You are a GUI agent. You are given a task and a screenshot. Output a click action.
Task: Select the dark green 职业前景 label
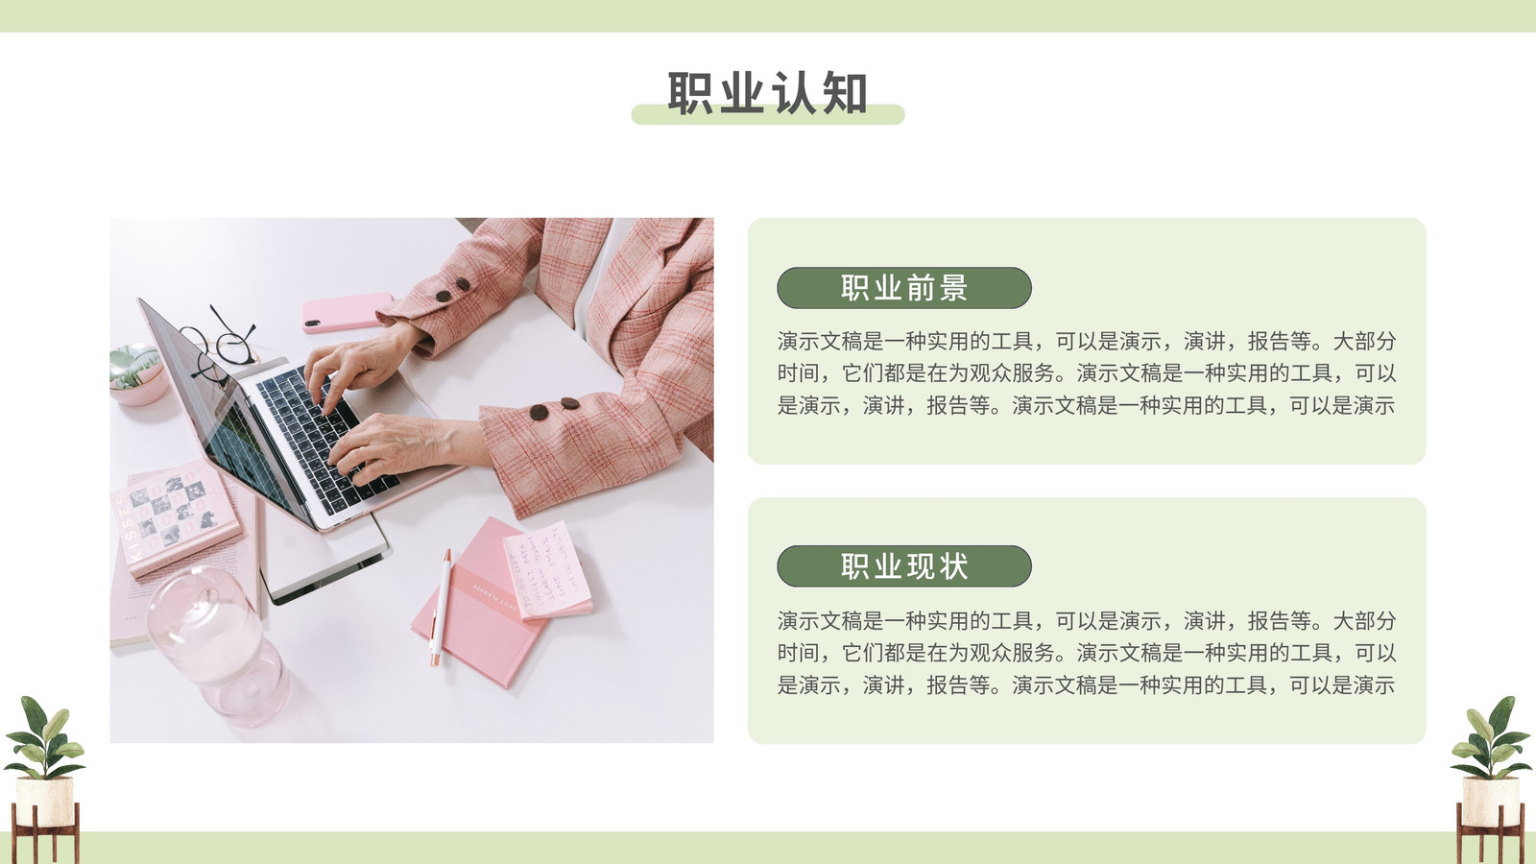click(x=903, y=288)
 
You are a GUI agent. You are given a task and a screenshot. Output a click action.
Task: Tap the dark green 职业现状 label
click(x=903, y=566)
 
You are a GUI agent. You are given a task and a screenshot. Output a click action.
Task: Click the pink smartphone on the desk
click(x=348, y=312)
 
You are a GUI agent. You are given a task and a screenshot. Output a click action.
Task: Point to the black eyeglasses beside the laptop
click(x=223, y=343)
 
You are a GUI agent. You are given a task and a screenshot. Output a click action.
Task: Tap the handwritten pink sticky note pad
click(x=548, y=570)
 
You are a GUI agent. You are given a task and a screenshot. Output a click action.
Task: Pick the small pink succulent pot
click(x=136, y=374)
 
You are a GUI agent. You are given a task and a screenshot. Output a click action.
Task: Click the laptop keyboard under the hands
click(x=323, y=439)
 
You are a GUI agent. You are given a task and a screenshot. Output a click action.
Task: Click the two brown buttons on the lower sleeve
click(x=554, y=408)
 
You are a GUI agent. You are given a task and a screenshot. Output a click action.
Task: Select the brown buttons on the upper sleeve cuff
click(x=452, y=290)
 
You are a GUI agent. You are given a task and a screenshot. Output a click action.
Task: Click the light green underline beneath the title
click(x=768, y=114)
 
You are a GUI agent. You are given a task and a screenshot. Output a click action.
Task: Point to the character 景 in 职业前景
click(x=954, y=288)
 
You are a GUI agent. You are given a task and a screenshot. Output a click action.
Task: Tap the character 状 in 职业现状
click(x=954, y=566)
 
